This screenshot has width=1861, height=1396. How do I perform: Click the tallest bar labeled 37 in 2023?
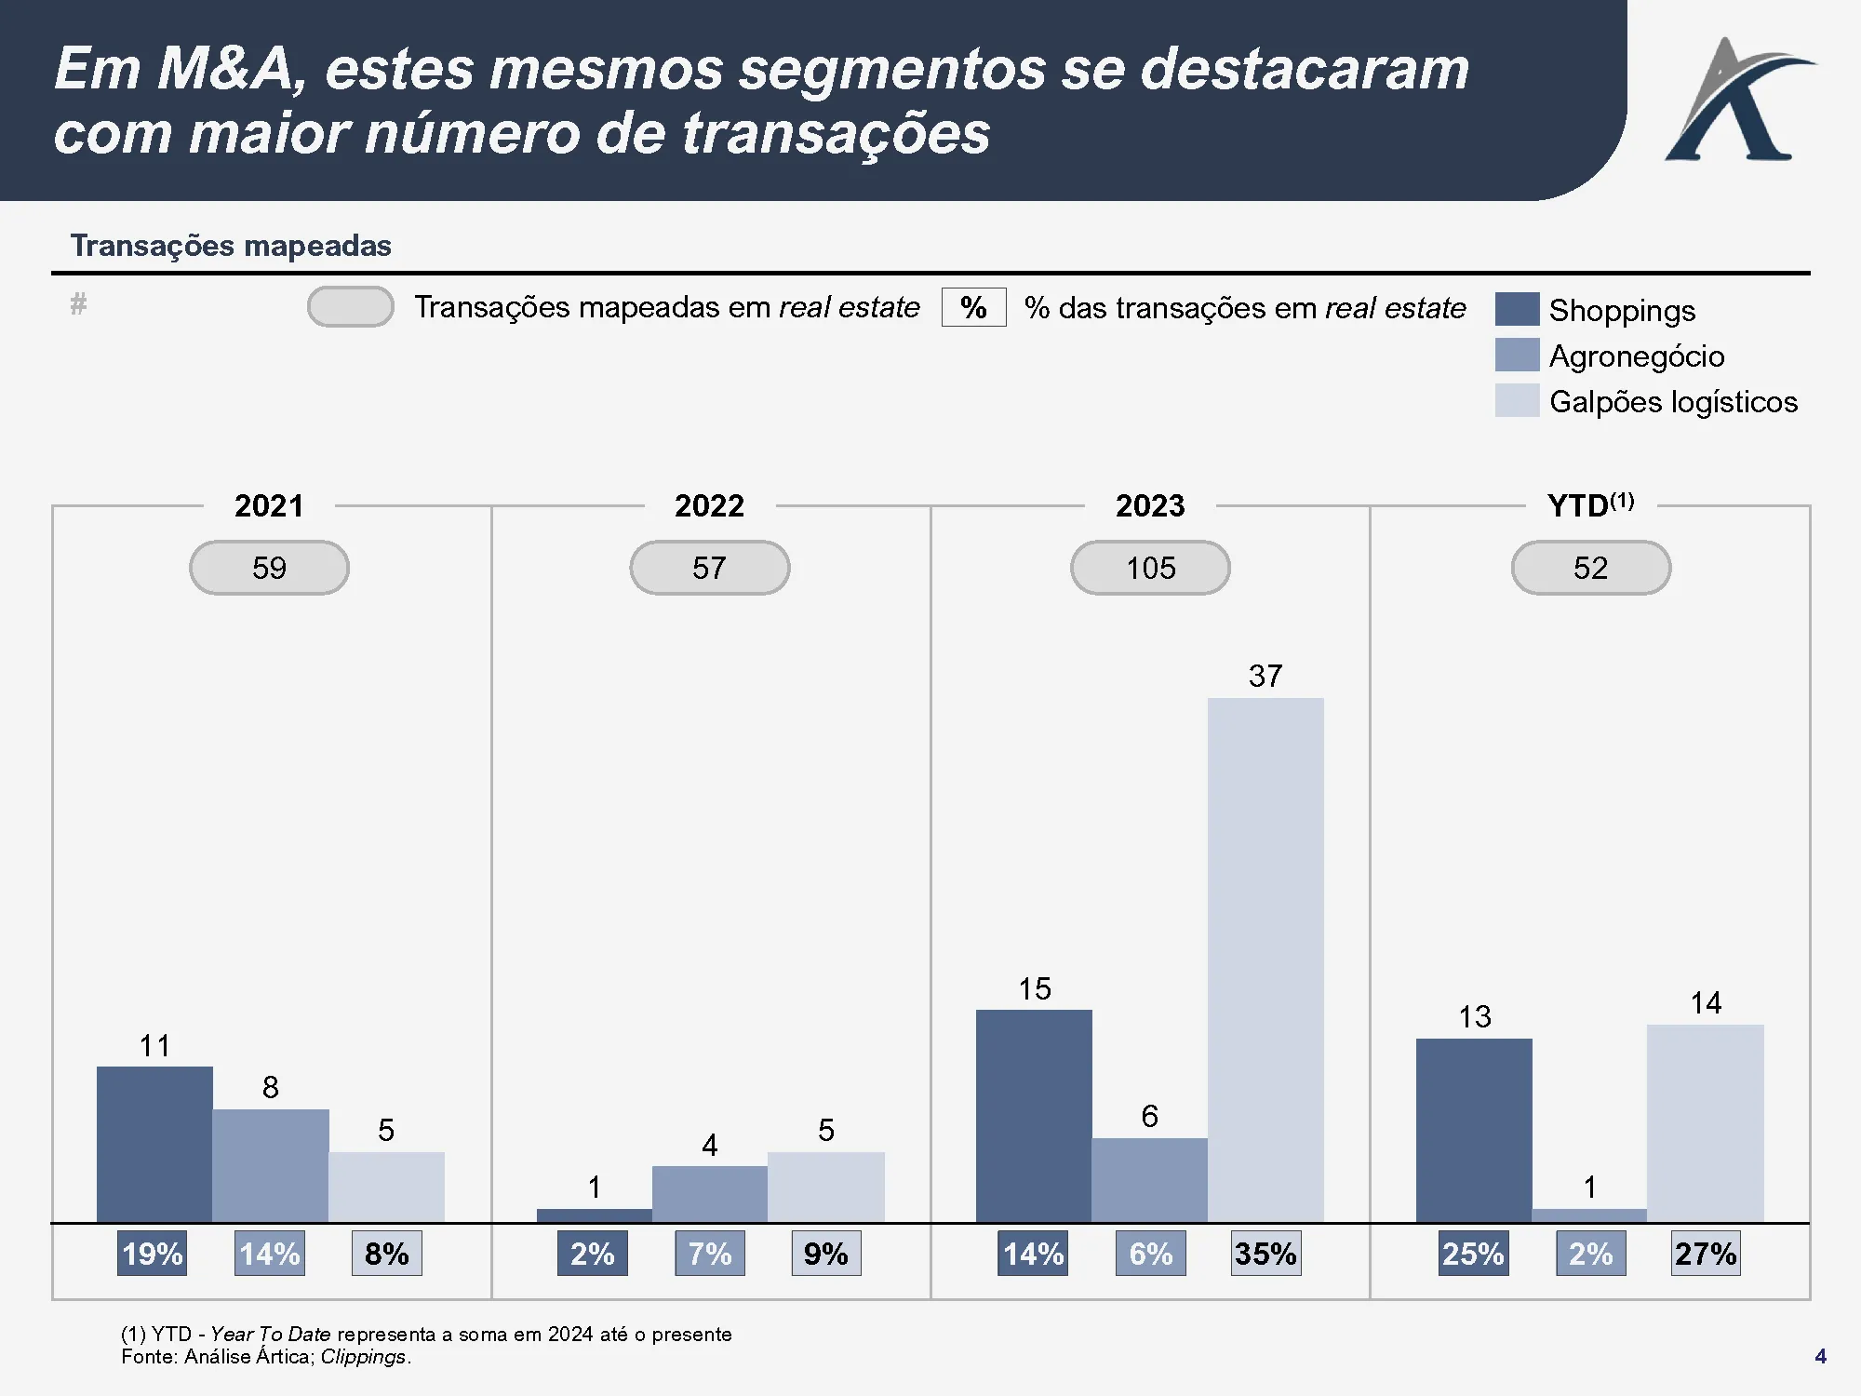click(1265, 959)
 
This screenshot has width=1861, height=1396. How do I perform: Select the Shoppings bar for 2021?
click(154, 1144)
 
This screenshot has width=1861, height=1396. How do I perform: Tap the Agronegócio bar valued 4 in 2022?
click(710, 1194)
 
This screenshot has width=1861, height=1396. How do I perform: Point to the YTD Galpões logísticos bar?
click(1706, 1123)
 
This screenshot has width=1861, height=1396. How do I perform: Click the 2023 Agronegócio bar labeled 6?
click(1150, 1180)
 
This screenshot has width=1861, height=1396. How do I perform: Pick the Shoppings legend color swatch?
click(1517, 309)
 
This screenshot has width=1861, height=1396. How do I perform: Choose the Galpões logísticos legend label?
click(1673, 401)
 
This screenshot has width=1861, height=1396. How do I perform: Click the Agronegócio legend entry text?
click(1636, 356)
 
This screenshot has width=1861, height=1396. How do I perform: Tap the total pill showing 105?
click(1150, 568)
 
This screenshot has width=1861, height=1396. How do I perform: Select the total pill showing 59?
click(269, 568)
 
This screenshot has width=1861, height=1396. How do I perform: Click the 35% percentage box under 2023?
click(1265, 1254)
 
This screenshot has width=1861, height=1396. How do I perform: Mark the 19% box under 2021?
click(153, 1254)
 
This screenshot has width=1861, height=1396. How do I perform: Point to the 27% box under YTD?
click(1706, 1254)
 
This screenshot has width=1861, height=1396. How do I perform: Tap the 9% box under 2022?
click(826, 1254)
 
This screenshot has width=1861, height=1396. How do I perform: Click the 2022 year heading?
click(709, 505)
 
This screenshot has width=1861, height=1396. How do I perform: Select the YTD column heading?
click(1590, 505)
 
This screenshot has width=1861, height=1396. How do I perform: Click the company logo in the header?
click(1736, 100)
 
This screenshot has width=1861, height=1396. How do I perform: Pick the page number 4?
click(1820, 1356)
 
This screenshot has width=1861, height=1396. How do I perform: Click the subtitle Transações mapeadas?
click(231, 246)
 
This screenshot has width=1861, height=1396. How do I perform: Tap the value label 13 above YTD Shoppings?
click(1475, 1016)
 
